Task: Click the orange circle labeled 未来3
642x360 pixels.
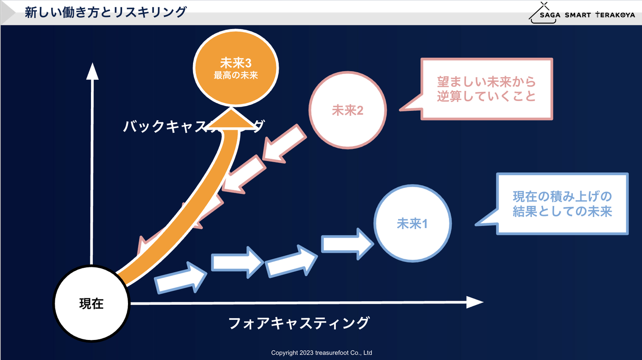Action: click(236, 68)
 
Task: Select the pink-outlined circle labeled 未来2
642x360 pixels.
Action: click(348, 110)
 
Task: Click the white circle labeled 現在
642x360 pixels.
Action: click(91, 303)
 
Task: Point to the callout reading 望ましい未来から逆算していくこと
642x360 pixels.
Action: click(486, 89)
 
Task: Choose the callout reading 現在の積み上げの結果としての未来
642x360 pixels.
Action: click(562, 204)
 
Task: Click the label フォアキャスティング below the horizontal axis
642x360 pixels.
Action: click(299, 323)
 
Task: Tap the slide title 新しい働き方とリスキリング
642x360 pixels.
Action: click(105, 12)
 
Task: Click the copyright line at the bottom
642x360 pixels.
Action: click(321, 353)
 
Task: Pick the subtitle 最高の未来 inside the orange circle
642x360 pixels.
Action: click(236, 76)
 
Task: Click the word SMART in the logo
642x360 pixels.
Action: click(577, 15)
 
